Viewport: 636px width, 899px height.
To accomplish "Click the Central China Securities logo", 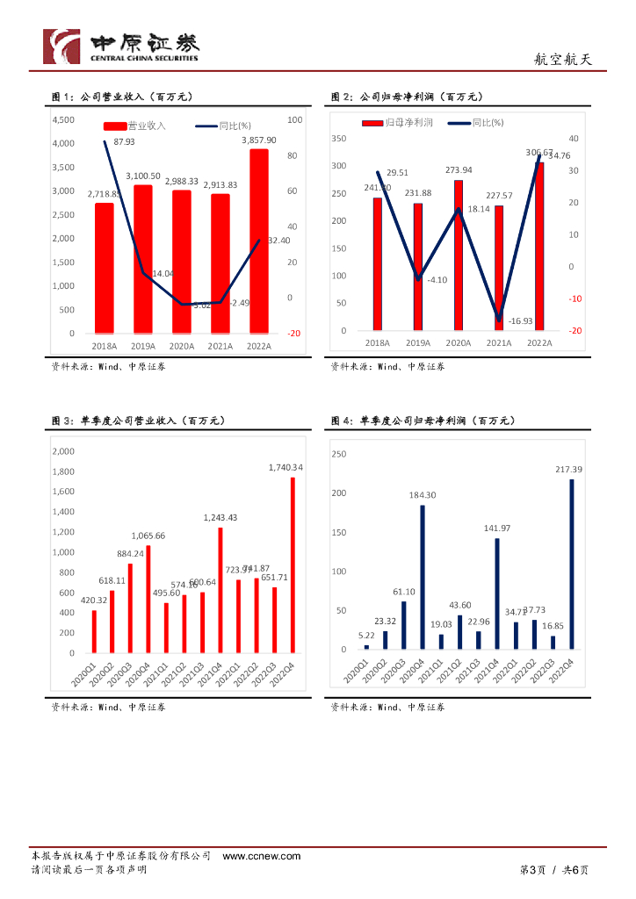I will pyautogui.click(x=121, y=47).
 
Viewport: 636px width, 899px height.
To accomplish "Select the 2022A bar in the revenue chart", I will pyautogui.click(x=258, y=241).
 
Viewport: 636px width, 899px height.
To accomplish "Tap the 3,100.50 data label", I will pyautogui.click(x=143, y=176).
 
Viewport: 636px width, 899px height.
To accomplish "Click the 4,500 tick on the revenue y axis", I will pyautogui.click(x=63, y=120).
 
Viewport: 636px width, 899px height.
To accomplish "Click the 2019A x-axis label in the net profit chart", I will pyautogui.click(x=418, y=343).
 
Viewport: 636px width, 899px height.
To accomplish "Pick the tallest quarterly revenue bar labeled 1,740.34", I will pyautogui.click(x=293, y=565).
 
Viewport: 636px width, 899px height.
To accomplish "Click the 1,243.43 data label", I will pyautogui.click(x=220, y=518).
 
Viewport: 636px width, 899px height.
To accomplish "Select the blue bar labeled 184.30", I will pyautogui.click(x=422, y=577).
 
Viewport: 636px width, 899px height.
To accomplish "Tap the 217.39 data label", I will pyautogui.click(x=570, y=470).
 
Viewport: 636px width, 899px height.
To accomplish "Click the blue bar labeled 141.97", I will pyautogui.click(x=496, y=593).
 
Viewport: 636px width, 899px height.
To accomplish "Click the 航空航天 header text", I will pyautogui.click(x=563, y=60).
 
